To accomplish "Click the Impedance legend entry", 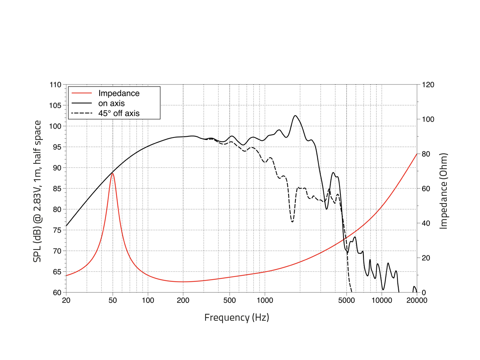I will click(119, 93).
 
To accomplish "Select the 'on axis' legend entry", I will click(112, 104).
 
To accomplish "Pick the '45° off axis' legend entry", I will click(119, 114).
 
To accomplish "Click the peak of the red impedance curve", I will click(113, 173).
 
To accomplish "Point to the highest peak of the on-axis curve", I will click(295, 116).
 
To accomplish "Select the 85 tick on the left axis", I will click(57, 188).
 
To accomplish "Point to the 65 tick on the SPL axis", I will click(57, 271).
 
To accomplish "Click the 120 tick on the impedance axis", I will click(428, 85).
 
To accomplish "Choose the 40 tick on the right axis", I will click(426, 223).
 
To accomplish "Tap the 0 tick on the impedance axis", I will click(424, 292).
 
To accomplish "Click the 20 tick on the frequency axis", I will click(66, 301).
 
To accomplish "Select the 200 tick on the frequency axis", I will click(183, 301).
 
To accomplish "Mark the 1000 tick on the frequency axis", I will click(265, 301).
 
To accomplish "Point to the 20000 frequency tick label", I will click(417, 301).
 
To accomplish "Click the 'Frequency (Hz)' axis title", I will click(237, 317).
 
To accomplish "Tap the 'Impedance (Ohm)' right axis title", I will click(444, 191).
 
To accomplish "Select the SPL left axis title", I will click(37, 191).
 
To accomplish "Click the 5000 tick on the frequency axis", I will click(346, 301).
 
